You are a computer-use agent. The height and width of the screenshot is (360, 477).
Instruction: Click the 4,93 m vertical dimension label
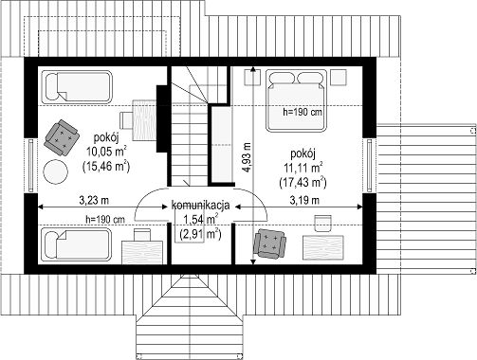click(248, 157)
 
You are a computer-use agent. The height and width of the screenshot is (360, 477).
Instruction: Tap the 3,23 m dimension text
click(94, 200)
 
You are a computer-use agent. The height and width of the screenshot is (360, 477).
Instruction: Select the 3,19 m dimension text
click(304, 200)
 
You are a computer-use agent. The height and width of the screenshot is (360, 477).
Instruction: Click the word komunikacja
click(200, 206)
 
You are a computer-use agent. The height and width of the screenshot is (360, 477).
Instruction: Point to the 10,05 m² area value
click(107, 152)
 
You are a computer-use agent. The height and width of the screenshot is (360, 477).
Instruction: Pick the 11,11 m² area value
click(303, 168)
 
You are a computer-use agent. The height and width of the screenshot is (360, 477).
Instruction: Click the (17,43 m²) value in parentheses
click(303, 182)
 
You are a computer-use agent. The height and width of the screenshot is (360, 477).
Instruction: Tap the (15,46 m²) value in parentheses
click(106, 166)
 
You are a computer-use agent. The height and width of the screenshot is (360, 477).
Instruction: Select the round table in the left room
click(55, 171)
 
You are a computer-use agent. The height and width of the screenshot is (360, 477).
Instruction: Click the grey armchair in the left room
click(62, 137)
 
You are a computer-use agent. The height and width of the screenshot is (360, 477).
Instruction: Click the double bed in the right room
click(296, 100)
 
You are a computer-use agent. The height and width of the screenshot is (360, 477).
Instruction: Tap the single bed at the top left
click(77, 87)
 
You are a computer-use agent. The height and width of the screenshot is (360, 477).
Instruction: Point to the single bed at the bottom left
click(77, 244)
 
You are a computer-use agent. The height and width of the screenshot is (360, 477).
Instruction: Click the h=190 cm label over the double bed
click(303, 112)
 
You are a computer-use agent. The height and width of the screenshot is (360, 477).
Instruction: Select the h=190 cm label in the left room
click(105, 219)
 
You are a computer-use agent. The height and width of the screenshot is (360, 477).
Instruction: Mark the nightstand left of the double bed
click(252, 78)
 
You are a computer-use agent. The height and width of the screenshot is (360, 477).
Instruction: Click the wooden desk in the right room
click(323, 247)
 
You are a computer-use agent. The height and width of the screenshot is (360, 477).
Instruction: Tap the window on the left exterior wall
click(30, 166)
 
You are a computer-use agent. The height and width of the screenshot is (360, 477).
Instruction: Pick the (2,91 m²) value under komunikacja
click(200, 234)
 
